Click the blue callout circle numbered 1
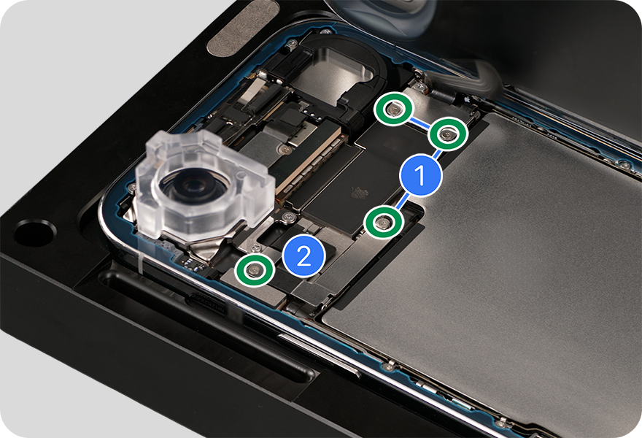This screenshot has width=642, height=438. [x=420, y=175]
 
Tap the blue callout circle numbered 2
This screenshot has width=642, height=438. [x=303, y=256]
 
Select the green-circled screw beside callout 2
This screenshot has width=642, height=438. [x=255, y=269]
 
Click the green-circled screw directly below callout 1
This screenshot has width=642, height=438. [x=384, y=223]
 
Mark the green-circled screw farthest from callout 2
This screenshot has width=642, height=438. [x=394, y=108]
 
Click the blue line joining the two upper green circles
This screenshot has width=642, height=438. [x=420, y=121]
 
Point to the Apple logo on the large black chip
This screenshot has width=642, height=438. [x=360, y=191]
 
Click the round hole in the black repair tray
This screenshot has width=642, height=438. [x=35, y=233]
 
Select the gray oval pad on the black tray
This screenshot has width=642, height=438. [x=241, y=27]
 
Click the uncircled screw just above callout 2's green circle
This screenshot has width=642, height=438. [x=255, y=247]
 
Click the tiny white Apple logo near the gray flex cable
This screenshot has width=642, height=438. [x=466, y=99]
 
